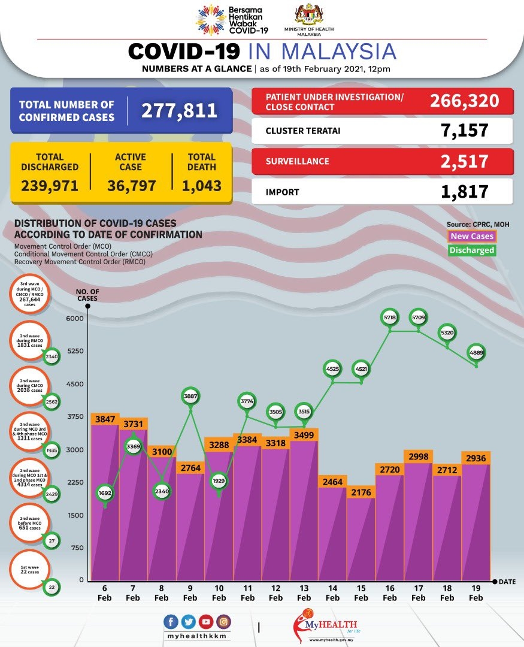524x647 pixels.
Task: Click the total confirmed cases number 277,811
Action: point(179,110)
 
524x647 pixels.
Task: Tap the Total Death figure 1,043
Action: point(202,186)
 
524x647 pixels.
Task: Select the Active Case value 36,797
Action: point(132,186)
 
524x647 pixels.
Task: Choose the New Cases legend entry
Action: point(472,237)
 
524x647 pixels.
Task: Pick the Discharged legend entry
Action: point(472,250)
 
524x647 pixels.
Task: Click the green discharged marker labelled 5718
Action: point(389,318)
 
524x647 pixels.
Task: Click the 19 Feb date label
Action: point(476,594)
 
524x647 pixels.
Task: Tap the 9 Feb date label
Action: point(190,594)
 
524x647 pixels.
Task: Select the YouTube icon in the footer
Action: point(205,622)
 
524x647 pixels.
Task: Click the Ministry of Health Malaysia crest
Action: point(310,15)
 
